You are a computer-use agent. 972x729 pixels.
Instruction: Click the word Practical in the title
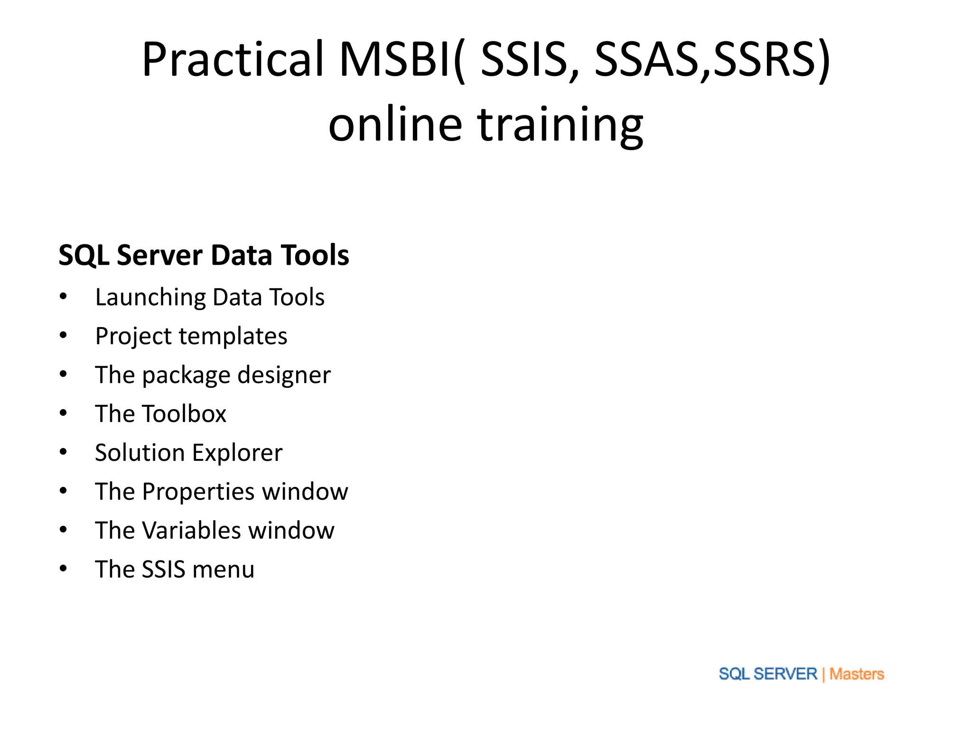tap(233, 59)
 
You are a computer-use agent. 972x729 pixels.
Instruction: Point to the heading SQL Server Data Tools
tap(204, 255)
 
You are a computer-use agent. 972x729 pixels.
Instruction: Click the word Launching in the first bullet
tap(150, 298)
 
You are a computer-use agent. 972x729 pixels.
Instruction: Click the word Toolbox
tap(184, 414)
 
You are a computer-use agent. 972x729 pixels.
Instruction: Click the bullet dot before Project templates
tap(63, 336)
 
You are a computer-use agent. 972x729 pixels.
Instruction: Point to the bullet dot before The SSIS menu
tap(63, 569)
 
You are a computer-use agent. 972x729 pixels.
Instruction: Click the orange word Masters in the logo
tap(857, 674)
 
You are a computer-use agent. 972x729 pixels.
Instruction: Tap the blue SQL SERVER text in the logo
tap(767, 674)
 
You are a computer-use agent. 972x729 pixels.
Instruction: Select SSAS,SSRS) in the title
tap(712, 59)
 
